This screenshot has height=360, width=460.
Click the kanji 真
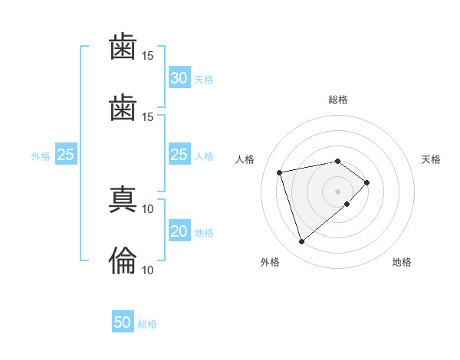coord(123,199)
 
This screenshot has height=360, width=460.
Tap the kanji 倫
coord(123,260)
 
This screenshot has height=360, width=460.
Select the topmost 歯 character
coord(123,46)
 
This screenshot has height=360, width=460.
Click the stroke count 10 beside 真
coord(147,209)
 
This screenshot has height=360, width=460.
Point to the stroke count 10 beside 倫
coord(147,270)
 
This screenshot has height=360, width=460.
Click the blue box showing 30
coord(179,77)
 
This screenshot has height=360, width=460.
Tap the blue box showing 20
coord(179,230)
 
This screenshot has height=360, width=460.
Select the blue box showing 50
coord(123,321)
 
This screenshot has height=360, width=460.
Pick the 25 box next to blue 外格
coord(66,154)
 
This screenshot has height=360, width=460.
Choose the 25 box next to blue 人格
coord(179,154)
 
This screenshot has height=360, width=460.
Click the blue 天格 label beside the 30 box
coord(204,80)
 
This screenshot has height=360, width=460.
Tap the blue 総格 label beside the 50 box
coord(147,324)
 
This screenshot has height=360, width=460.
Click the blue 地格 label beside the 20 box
coord(204,233)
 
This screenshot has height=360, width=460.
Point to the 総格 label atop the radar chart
coord(338,100)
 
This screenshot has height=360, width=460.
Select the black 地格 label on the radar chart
coord(402,262)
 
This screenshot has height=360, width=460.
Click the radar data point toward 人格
coord(280,172)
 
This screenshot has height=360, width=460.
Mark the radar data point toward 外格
coord(301,241)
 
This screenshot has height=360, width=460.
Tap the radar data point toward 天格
coord(366,182)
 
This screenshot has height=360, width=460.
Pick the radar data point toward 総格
coord(337,162)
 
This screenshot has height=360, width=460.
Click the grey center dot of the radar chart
coord(337,191)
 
